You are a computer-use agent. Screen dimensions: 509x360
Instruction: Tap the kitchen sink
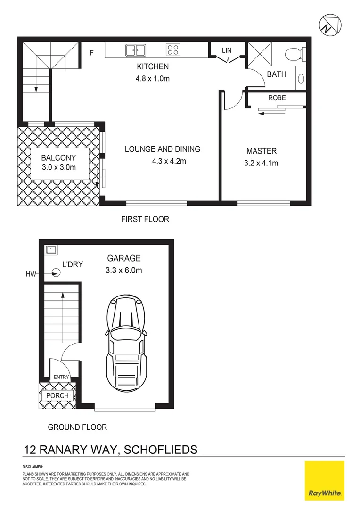pyautogui.click(x=135, y=49)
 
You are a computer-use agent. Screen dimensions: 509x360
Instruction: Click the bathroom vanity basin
pyautogui.click(x=302, y=78)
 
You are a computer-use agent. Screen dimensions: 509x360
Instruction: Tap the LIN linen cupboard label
pyautogui.click(x=227, y=49)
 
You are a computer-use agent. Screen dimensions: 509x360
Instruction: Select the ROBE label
pyautogui.click(x=277, y=98)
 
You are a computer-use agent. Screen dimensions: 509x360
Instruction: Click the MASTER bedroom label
pyautogui.click(x=262, y=151)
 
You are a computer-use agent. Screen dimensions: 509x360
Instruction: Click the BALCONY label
pyautogui.click(x=58, y=157)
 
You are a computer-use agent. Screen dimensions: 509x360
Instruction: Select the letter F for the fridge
pyautogui.click(x=92, y=52)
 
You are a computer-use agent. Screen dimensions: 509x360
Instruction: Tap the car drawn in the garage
pyautogui.click(x=125, y=344)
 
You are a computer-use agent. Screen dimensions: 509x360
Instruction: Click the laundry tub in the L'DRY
pyautogui.click(x=51, y=250)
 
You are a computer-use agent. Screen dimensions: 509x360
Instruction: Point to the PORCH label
pyautogui.click(x=58, y=395)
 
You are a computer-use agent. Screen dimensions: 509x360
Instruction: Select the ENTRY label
pyautogui.click(x=61, y=377)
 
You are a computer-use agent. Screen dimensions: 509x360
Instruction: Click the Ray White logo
pyautogui.click(x=325, y=481)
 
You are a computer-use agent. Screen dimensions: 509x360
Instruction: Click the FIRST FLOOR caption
pyautogui.click(x=145, y=219)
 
